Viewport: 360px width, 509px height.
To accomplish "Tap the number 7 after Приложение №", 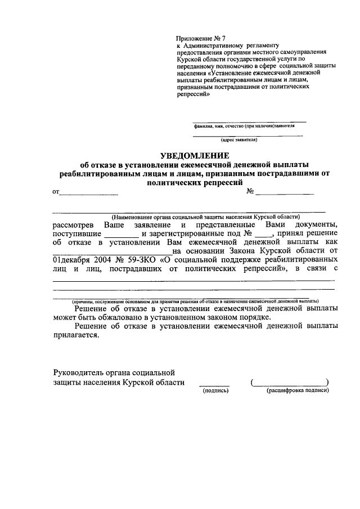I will [223, 38].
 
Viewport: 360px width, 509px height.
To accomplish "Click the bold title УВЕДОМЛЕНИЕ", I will [195, 155].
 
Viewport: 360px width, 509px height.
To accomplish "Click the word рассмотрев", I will [75, 224].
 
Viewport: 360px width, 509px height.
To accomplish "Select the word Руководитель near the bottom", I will [79, 372].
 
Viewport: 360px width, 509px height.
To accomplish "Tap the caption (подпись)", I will [214, 390].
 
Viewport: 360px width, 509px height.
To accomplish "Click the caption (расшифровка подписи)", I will [297, 390].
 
